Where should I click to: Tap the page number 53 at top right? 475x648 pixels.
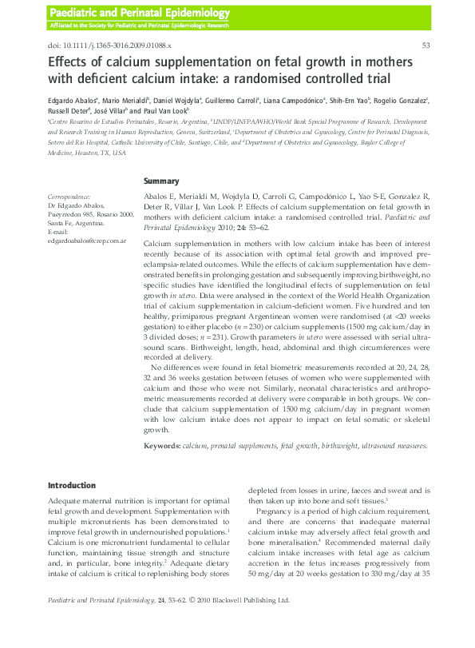pos(426,46)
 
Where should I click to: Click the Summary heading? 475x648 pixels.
pos(161,181)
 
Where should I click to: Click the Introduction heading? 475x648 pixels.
pos(73,485)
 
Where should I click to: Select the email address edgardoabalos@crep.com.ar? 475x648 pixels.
pos(87,241)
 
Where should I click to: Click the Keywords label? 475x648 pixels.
pos(162,446)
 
